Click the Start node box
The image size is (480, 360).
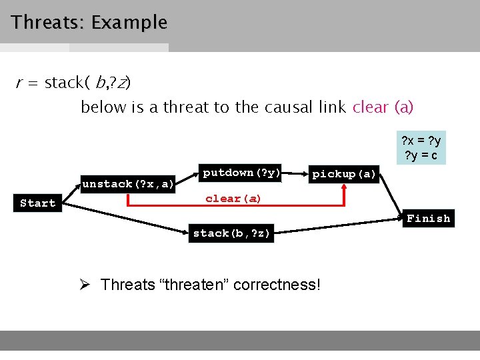click(38, 203)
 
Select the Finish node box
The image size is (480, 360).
click(428, 219)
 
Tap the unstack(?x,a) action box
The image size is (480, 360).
click(128, 183)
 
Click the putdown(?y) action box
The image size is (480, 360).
click(240, 173)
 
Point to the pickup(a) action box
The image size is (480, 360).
click(345, 174)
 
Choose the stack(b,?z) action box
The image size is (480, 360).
click(231, 233)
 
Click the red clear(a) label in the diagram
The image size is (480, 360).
click(233, 199)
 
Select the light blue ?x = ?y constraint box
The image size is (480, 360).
click(420, 148)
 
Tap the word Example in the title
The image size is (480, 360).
click(129, 23)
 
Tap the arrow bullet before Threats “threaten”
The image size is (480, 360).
click(85, 285)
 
